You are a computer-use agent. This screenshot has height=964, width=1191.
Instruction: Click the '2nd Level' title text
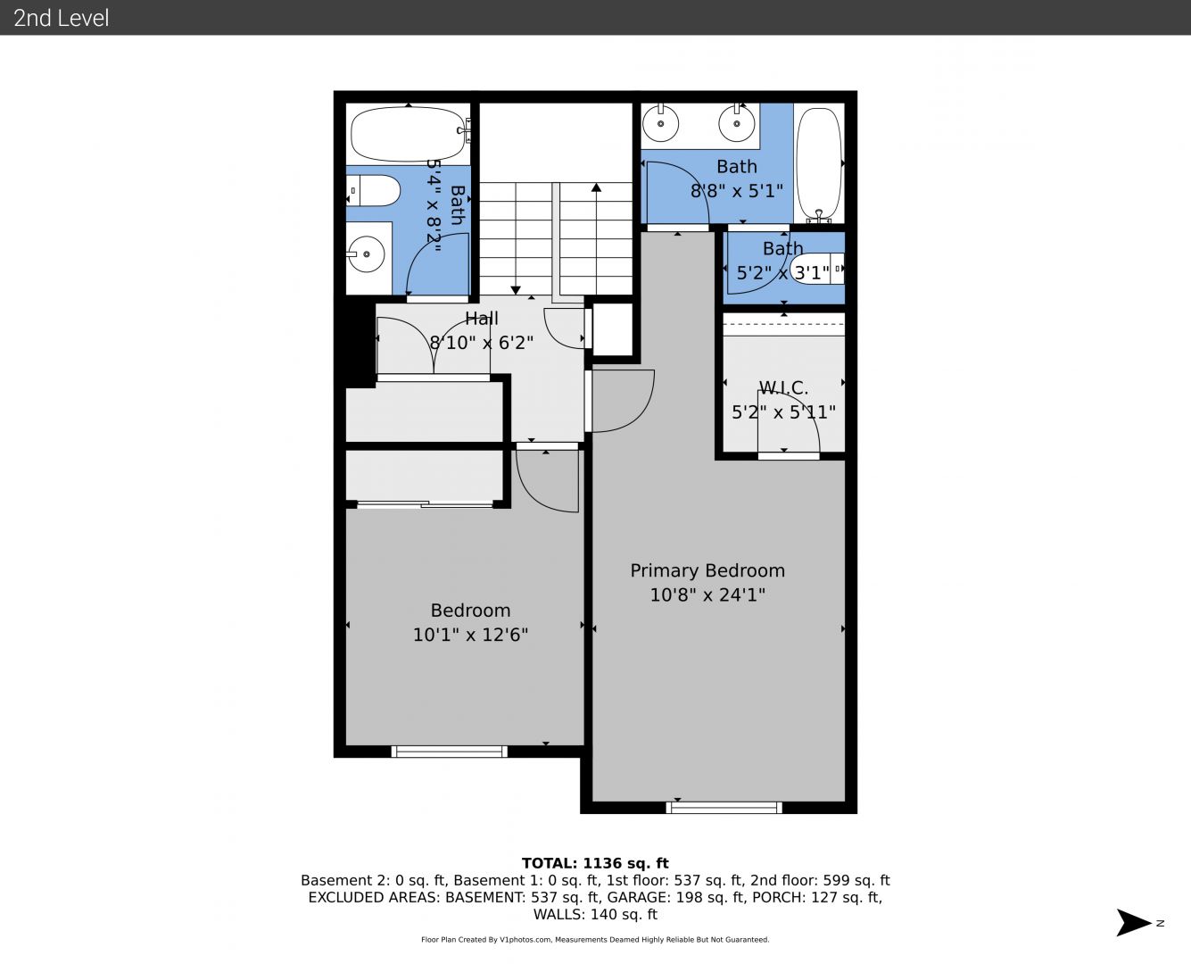click(61, 18)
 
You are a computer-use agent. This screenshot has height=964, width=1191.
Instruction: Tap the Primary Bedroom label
click(707, 570)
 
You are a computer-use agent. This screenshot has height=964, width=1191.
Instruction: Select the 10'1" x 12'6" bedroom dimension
click(470, 635)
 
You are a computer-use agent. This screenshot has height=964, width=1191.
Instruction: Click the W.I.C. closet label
click(783, 387)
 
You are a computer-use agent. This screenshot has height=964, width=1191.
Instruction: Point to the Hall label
click(482, 319)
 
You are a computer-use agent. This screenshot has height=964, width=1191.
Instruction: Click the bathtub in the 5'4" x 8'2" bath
click(409, 134)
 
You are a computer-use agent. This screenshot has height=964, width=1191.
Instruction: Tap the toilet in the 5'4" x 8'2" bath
click(373, 190)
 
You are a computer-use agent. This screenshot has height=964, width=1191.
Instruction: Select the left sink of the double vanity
click(660, 123)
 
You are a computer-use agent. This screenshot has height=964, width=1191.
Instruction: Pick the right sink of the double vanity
click(736, 123)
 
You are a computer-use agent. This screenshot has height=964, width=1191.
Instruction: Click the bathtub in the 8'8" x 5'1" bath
click(819, 165)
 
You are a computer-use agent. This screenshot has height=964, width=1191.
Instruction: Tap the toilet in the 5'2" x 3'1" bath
click(817, 269)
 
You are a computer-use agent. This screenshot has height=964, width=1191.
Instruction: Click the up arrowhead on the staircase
click(597, 187)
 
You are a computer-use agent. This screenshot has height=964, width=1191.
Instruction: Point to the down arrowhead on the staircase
click(516, 290)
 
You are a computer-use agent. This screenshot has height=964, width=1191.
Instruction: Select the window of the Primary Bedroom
click(724, 807)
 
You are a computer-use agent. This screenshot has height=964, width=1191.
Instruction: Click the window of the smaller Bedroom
click(449, 752)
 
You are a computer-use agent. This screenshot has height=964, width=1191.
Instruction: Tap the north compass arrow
click(1133, 923)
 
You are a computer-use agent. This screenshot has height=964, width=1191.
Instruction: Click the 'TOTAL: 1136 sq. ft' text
click(595, 863)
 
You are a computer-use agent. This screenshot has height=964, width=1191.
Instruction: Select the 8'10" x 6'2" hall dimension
click(482, 342)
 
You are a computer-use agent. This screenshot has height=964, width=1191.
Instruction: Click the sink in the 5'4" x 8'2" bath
click(367, 254)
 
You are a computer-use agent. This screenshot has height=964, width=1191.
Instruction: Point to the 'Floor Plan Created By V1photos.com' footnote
click(486, 940)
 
